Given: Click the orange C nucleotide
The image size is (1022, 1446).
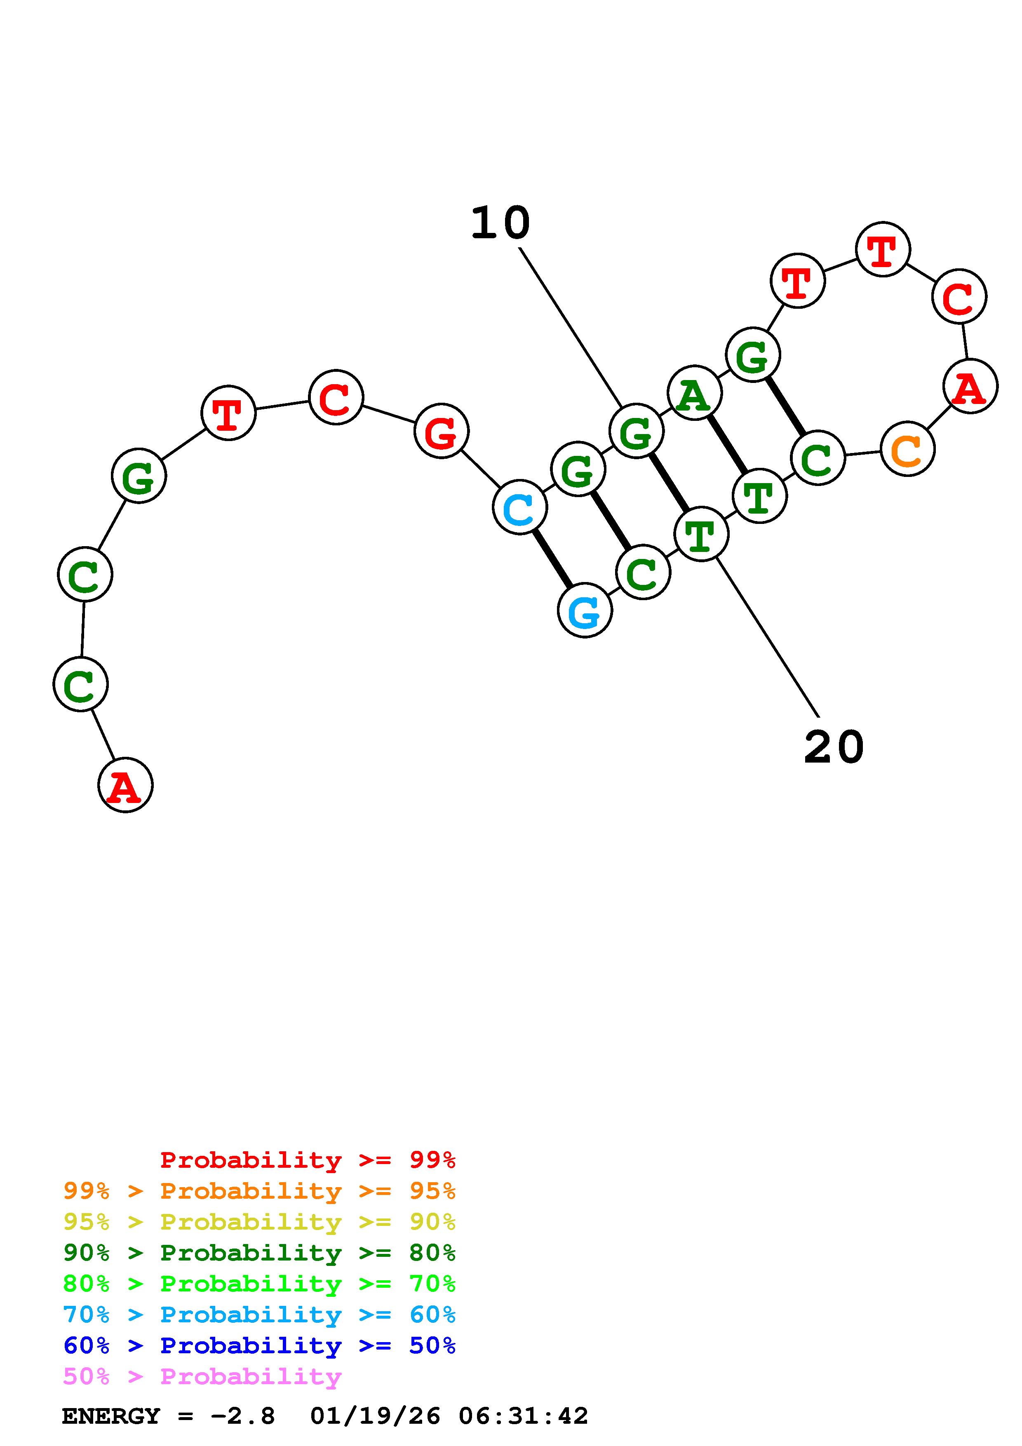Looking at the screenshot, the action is coord(907,449).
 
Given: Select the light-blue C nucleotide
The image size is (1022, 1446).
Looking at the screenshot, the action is coord(519,507).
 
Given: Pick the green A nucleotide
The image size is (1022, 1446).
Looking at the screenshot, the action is coord(695,392).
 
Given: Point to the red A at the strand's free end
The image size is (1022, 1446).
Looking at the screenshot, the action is coord(125,785).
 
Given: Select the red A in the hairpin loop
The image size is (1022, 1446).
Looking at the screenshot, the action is coord(970,386).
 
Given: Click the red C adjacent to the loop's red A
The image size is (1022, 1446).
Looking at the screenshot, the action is coord(959,297).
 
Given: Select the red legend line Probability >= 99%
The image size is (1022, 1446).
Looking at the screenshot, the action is coord(307,1160).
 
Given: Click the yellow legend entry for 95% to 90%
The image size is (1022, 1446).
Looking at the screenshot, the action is coord(259,1222).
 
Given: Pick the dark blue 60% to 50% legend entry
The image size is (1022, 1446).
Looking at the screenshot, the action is coord(259,1345).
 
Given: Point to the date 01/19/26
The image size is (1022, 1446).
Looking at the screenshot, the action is coord(375,1416).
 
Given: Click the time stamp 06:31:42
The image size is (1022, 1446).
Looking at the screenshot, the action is coord(523,1416).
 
